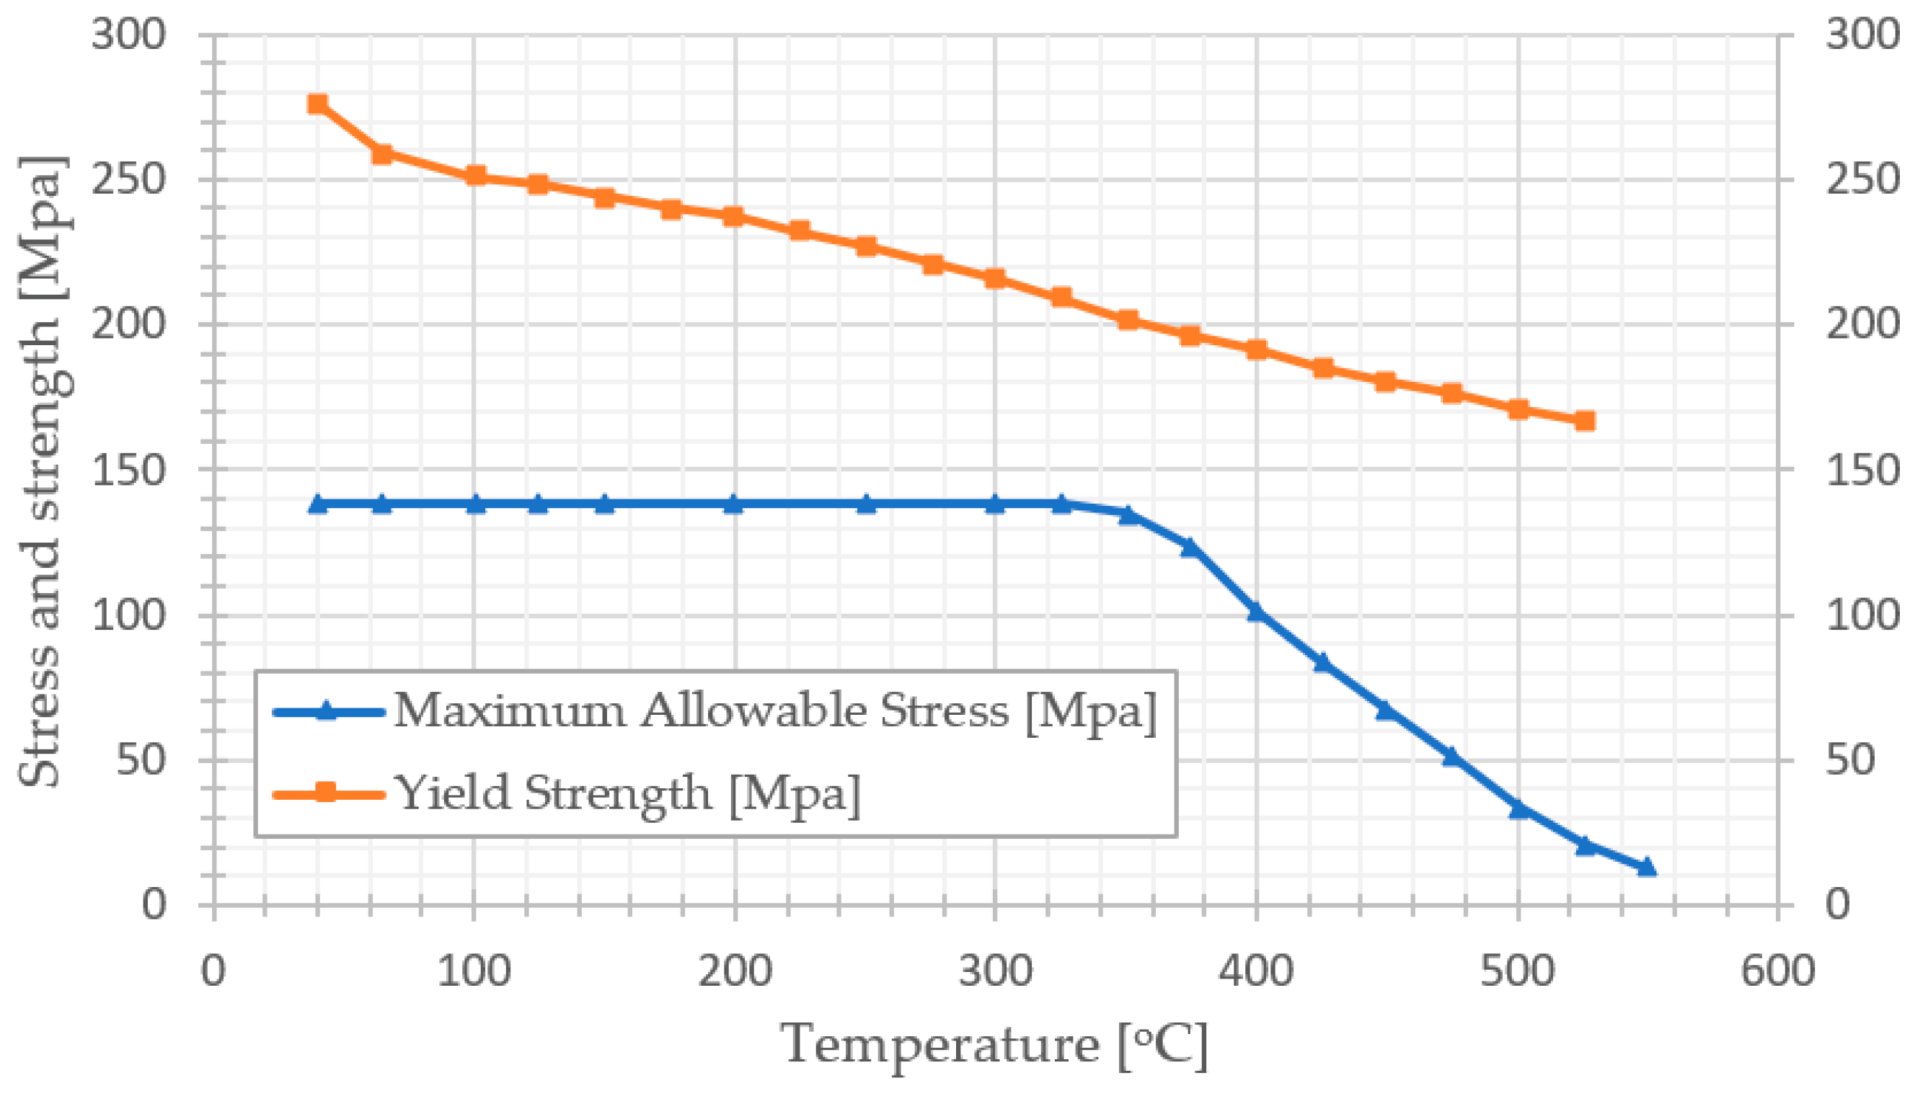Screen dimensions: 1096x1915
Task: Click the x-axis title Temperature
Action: pos(994,1046)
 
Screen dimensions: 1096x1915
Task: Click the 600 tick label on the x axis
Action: pos(1777,971)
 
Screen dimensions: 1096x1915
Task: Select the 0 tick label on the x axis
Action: pos(213,971)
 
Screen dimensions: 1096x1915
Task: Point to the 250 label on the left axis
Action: pos(128,180)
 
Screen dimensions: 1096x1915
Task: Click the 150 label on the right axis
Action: pos(1860,471)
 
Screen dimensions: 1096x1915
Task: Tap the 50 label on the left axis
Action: pos(141,760)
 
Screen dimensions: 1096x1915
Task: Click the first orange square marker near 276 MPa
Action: pos(318,104)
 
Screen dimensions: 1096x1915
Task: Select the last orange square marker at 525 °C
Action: pos(1584,421)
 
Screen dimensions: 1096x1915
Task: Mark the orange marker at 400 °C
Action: pos(1256,350)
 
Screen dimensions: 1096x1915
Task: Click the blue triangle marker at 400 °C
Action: pos(1256,612)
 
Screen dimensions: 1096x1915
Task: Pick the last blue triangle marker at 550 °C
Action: pos(1647,867)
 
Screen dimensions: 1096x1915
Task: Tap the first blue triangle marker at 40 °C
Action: pos(318,504)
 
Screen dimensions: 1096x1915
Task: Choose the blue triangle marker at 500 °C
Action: pos(1518,808)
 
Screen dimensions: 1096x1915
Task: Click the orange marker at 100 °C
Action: pos(474,176)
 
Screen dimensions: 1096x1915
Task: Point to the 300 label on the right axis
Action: pos(1860,35)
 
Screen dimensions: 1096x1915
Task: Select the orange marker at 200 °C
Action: pos(734,217)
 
